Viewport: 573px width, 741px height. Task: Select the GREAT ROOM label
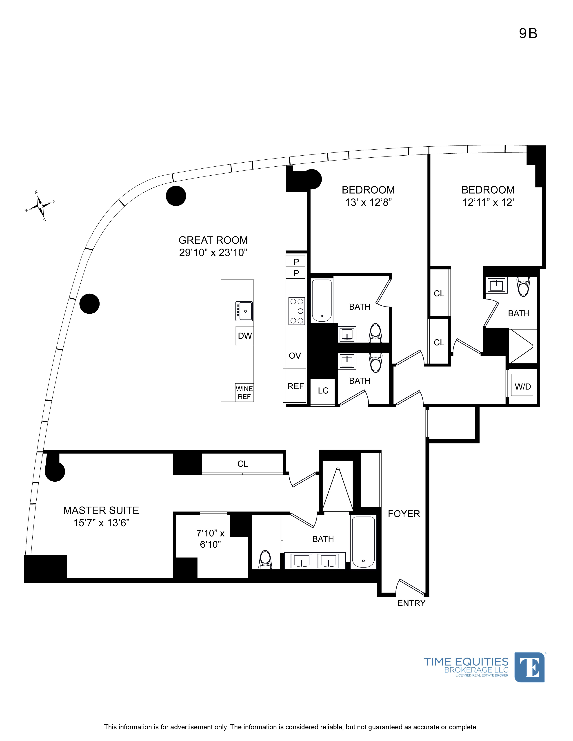[213, 240]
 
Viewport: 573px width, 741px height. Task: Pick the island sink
[244, 311]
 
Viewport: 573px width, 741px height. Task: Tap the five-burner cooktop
[296, 311]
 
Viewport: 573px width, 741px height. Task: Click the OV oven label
[295, 356]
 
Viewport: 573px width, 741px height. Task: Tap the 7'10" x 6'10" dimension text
[211, 539]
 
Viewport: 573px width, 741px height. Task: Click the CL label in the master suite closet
[243, 464]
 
